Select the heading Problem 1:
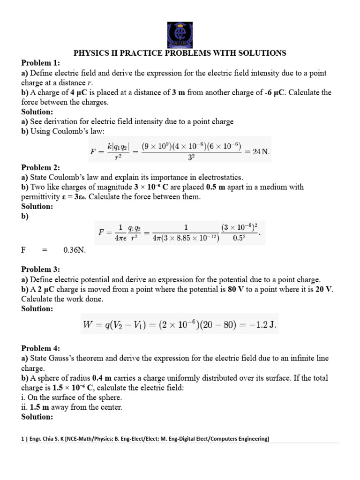point(41,63)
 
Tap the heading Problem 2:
point(41,167)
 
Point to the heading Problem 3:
point(41,269)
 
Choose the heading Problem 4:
point(41,348)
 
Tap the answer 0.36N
point(75,249)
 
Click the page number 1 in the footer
point(23,439)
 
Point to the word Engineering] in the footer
point(250,439)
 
